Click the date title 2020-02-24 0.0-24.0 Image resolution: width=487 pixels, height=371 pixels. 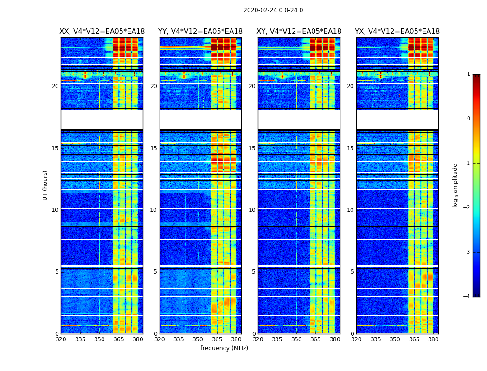[x=273, y=10]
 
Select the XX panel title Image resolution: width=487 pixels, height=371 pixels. [x=102, y=32]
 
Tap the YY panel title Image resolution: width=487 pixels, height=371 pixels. [x=200, y=32]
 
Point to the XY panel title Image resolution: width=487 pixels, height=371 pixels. [x=299, y=32]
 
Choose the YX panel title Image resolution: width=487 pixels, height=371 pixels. [x=397, y=32]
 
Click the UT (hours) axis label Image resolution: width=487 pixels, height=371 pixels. [x=45, y=185]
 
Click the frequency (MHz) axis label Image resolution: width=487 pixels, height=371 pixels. [x=224, y=348]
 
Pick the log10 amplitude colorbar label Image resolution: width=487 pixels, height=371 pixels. [x=455, y=185]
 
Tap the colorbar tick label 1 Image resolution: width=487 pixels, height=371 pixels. [x=468, y=74]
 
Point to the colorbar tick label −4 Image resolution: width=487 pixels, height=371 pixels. [x=468, y=297]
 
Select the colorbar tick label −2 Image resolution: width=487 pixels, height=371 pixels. [x=468, y=208]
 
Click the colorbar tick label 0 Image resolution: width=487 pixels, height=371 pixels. [x=468, y=119]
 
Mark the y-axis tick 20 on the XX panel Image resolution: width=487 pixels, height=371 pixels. [x=55, y=86]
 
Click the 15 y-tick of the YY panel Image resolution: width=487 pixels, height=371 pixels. [x=154, y=148]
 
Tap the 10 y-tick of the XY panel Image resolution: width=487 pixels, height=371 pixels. [x=252, y=210]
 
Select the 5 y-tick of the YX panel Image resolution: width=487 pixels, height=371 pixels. [x=352, y=272]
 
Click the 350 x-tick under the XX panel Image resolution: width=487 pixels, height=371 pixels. [x=99, y=339]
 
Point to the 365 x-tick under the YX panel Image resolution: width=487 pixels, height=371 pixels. [x=414, y=339]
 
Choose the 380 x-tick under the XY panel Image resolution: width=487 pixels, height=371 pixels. [x=335, y=339]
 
